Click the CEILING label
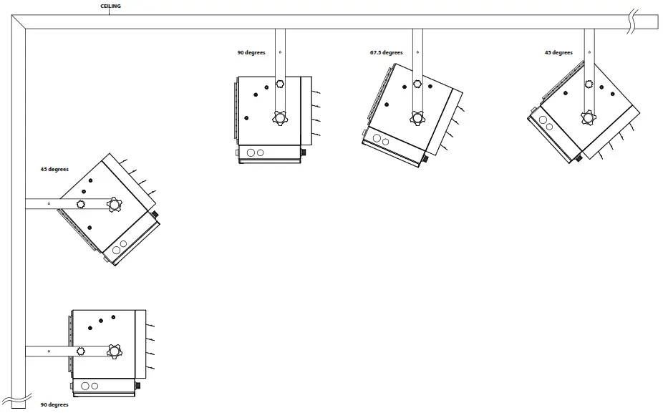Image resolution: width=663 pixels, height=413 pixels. [110, 6]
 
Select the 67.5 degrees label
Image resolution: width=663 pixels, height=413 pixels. [386, 52]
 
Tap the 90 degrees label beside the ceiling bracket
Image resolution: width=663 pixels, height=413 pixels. [251, 52]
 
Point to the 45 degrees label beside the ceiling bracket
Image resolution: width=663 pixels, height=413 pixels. [558, 52]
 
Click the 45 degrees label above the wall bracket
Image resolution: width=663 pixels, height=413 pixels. [54, 169]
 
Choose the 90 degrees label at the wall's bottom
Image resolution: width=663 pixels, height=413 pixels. [54, 404]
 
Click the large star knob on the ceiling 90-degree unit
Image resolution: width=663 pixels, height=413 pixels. [279, 118]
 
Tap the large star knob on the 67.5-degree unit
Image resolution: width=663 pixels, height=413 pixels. [417, 118]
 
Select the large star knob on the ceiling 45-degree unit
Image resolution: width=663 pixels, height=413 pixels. [589, 117]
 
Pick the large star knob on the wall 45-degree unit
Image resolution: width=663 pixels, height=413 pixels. [114, 205]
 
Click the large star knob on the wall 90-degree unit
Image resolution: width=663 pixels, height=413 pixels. [114, 351]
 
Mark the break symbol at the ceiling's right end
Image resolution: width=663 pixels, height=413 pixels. [633, 21]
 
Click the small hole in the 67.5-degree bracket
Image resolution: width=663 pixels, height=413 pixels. [417, 52]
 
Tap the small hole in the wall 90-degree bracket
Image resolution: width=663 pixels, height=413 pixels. [49, 351]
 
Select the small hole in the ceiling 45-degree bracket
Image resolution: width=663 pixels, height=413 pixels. [589, 52]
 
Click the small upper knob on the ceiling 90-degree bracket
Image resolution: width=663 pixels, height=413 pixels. [279, 84]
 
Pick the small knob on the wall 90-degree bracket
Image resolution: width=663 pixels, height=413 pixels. [81, 351]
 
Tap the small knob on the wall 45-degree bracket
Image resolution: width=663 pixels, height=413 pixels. [81, 205]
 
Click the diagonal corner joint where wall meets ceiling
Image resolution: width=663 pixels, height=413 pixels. [19, 22]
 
